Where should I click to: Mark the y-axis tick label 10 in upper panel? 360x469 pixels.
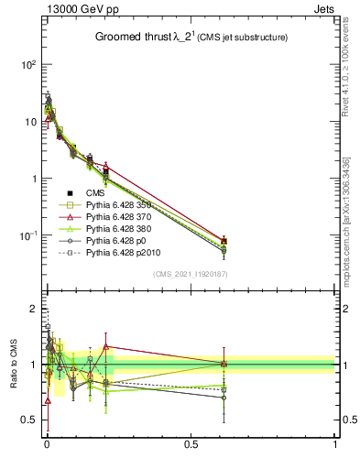click(28, 122)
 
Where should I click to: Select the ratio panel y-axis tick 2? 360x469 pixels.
click(33, 307)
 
